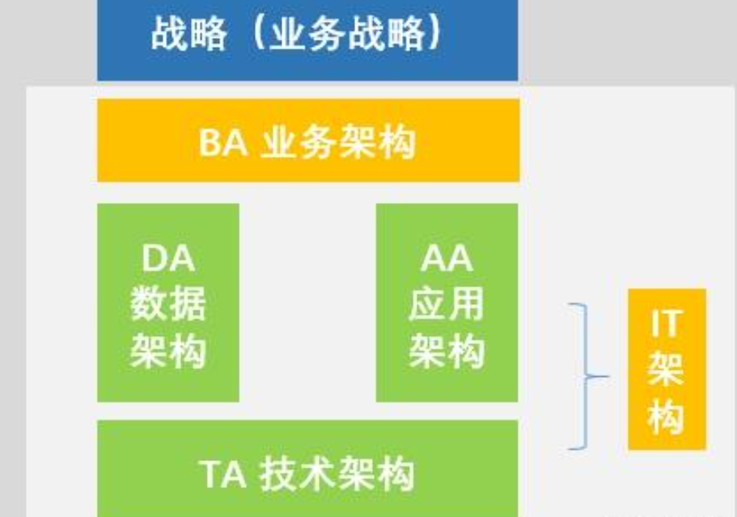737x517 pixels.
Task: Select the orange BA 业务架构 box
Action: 307,141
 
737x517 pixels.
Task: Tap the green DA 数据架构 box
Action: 167,303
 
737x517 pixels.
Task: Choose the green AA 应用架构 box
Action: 447,303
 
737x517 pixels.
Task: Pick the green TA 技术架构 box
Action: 307,469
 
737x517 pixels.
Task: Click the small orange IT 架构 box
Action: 667,369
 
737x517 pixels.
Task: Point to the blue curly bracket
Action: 584,376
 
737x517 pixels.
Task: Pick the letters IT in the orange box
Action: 666,325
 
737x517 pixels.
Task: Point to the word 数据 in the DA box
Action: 167,305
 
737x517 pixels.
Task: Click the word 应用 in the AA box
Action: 447,305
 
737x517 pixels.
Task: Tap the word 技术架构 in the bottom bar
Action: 337,474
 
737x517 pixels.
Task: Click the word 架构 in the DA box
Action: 167,352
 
